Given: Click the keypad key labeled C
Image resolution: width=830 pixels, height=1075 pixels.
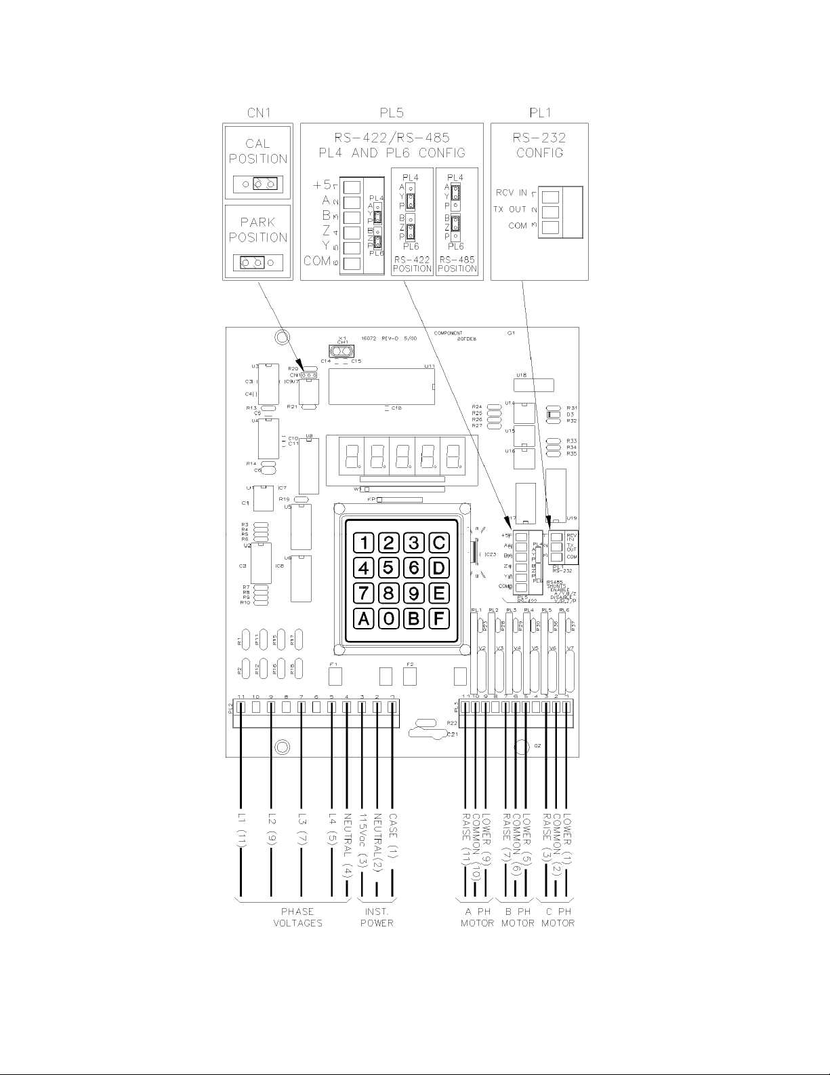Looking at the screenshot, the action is point(438,543).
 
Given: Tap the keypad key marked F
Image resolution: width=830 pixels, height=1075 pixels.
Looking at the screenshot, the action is point(438,618).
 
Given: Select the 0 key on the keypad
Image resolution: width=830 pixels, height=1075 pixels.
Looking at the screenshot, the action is point(388,618).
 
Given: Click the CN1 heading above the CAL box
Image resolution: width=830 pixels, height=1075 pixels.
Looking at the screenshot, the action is point(258,113).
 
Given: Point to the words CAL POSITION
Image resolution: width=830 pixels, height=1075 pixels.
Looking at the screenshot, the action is point(258,151).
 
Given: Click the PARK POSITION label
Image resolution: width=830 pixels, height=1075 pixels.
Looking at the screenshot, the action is point(258,230).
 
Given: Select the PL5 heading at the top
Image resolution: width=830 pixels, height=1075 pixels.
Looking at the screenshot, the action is point(392,113).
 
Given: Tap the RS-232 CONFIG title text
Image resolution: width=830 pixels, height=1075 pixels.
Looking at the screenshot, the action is point(539,145).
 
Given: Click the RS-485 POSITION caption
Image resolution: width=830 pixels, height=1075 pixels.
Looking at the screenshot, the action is point(457,264).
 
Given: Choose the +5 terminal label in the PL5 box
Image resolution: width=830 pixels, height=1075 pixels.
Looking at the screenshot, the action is point(322,184).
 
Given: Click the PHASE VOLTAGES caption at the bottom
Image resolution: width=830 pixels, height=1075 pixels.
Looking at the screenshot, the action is point(298,917).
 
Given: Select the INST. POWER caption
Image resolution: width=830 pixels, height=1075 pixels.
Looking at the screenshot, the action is point(377,917).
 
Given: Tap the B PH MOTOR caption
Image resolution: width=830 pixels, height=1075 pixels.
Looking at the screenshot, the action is point(518,917).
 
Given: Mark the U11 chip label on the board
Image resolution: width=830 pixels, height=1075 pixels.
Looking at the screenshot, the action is point(429,366).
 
